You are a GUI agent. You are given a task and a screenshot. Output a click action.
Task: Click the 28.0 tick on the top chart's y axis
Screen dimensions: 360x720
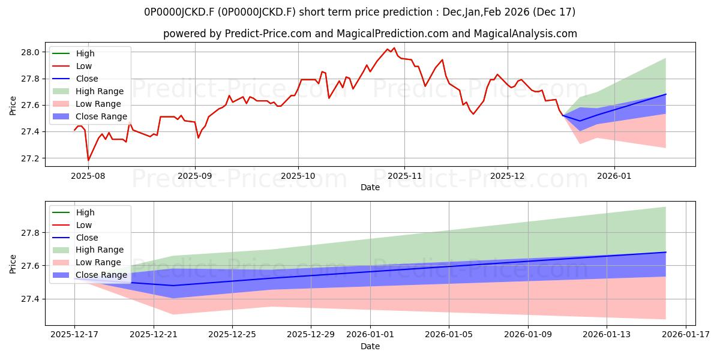click(32, 52)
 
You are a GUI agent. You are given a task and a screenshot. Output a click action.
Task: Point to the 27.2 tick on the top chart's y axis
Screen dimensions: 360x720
click(32, 158)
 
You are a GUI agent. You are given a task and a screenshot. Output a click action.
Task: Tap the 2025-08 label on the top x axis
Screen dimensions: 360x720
click(88, 176)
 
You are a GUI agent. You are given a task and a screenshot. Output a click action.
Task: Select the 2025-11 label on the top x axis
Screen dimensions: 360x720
click(404, 176)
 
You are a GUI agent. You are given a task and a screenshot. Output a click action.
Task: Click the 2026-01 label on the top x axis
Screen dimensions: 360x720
click(614, 176)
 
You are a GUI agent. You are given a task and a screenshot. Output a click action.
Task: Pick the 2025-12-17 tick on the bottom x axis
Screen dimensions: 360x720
click(74, 335)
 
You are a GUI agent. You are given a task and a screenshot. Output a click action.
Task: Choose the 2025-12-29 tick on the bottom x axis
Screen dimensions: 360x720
click(311, 335)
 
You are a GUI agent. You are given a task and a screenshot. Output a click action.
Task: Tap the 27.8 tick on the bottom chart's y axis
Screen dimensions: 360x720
click(32, 233)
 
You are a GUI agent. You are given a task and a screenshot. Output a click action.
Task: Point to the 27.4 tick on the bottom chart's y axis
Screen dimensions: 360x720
click(32, 299)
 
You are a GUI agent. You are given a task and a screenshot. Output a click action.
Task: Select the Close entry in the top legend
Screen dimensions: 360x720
click(87, 79)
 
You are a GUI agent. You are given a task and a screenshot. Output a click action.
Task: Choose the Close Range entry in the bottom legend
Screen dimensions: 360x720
click(101, 275)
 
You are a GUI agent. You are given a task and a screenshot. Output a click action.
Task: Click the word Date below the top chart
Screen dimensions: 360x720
click(370, 187)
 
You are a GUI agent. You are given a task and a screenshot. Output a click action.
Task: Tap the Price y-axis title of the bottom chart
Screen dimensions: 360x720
click(13, 263)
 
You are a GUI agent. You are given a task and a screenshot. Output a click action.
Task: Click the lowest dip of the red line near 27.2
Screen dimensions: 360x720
click(88, 160)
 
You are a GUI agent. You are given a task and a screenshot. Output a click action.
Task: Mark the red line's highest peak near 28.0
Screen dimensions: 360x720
click(394, 48)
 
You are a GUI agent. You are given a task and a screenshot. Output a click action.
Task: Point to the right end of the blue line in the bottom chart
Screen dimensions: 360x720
click(665, 252)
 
